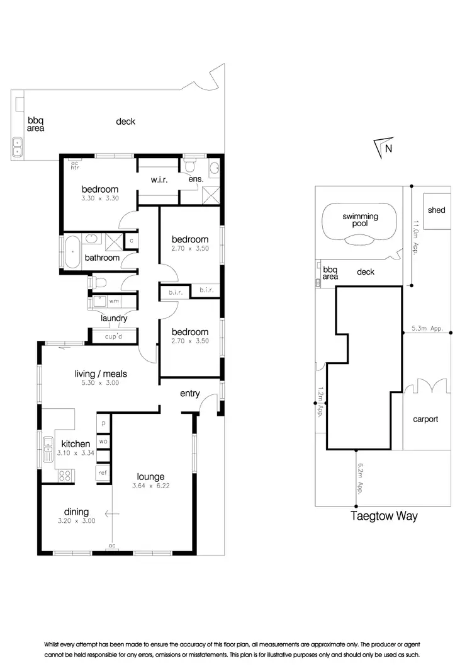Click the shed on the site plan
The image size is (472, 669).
(x=436, y=210)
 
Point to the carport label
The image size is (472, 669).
(x=425, y=419)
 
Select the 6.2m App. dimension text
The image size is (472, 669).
(x=359, y=478)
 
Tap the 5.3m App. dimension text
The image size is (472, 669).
(x=427, y=328)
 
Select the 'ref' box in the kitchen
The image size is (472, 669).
(x=102, y=472)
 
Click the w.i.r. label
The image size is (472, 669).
(x=158, y=180)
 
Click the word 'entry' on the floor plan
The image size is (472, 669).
(x=189, y=394)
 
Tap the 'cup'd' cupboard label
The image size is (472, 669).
(x=114, y=336)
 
